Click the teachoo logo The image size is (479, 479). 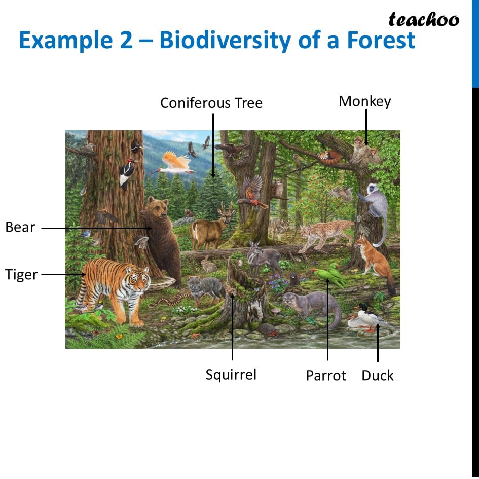coord(424,20)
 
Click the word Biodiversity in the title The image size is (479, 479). coord(225,41)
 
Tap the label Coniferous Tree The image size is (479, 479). coord(211,103)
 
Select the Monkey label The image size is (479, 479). coord(365,101)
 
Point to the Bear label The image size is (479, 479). coord(20,227)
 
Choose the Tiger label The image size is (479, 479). coord(21,274)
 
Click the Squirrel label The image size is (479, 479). coord(231,375)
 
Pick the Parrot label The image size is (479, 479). coord(326,376)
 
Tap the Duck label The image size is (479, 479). coord(378,376)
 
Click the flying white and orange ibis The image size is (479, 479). coord(174,163)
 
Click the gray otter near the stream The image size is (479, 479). coord(312,307)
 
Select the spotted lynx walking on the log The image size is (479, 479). coord(325,235)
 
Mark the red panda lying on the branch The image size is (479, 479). coord(329,157)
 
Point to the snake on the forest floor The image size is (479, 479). coord(169,301)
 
